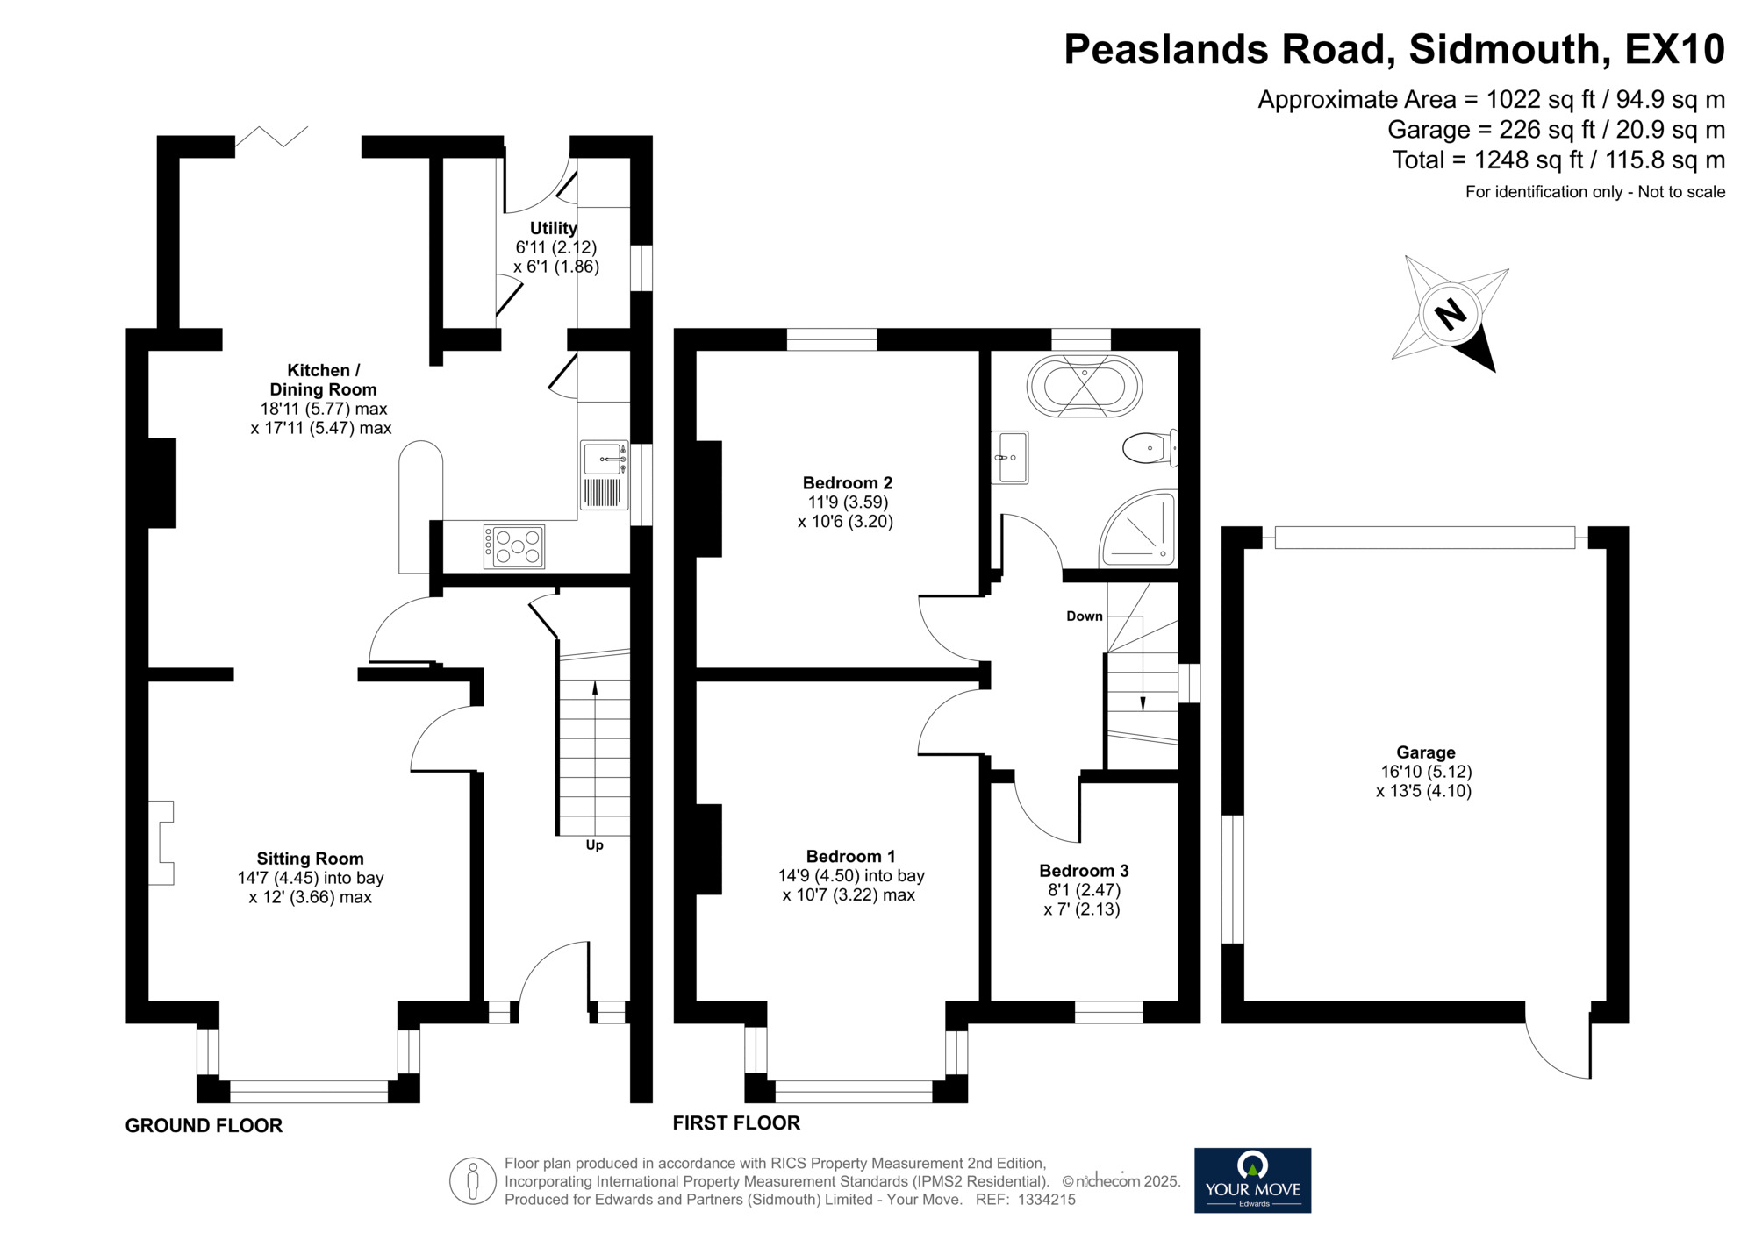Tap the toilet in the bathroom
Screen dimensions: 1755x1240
1150,449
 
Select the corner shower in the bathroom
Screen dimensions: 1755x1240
1138,528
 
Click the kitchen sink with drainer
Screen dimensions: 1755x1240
605,475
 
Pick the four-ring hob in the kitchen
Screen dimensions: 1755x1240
514,546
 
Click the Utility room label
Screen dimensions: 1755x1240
554,228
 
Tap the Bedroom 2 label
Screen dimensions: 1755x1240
848,482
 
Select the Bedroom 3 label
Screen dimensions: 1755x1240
1084,871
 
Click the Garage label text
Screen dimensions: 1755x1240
1426,752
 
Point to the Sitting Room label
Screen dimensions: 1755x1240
310,859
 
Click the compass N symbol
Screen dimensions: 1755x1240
1451,313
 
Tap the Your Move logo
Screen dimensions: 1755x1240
1252,1180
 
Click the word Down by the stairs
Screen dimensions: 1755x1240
1085,616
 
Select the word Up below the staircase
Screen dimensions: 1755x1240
595,845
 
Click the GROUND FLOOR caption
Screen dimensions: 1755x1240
204,1125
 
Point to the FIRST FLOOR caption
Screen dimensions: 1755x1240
736,1122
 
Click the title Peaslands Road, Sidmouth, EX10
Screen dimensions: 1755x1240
1394,49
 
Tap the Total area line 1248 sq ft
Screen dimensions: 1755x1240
1558,160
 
